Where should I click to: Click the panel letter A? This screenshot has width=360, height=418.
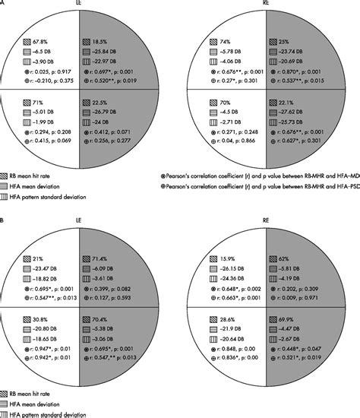pos(3,4)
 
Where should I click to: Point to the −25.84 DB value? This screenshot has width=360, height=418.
pos(106,50)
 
